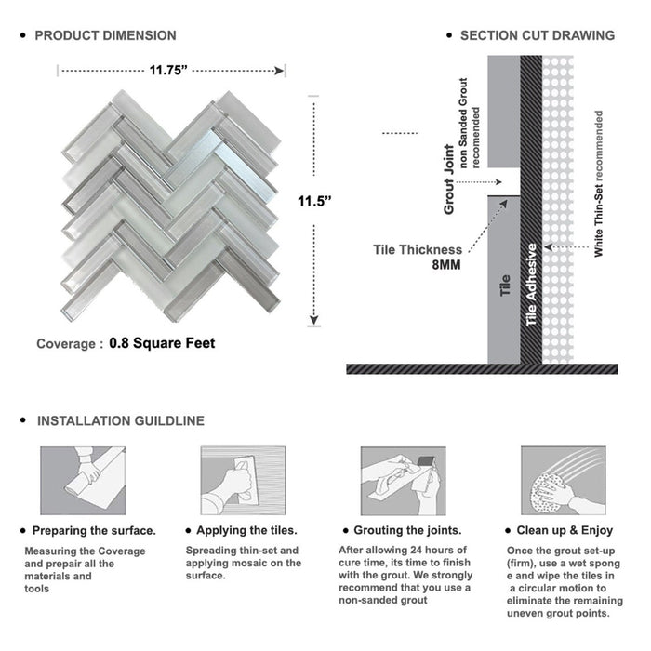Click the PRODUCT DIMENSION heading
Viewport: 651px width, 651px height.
click(x=105, y=36)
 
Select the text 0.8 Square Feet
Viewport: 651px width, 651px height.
click(x=162, y=343)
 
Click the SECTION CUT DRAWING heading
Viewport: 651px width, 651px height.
click(x=537, y=36)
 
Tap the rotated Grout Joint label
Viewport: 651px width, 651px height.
click(x=449, y=179)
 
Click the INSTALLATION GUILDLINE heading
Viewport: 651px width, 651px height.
click(x=121, y=421)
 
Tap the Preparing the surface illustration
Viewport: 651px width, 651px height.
click(x=82, y=480)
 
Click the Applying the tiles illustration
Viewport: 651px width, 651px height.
click(x=243, y=480)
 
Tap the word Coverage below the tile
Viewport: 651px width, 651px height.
click(x=65, y=344)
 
